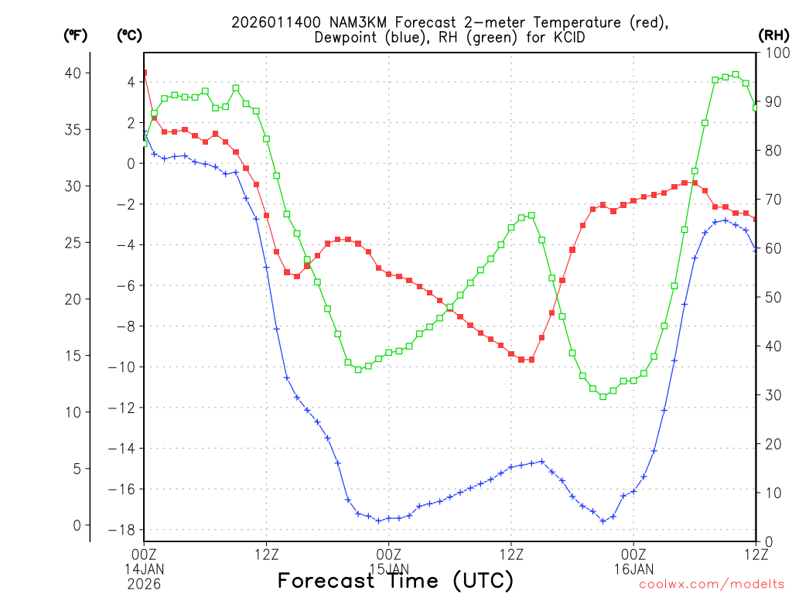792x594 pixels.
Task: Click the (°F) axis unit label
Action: click(74, 35)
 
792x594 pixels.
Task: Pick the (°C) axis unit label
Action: click(128, 35)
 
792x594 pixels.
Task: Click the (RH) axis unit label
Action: click(773, 35)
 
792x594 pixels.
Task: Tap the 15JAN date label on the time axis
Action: click(388, 568)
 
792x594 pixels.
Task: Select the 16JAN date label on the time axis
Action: click(633, 568)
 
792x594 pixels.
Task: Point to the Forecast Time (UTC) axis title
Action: click(395, 580)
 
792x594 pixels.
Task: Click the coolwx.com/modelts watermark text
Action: click(712, 585)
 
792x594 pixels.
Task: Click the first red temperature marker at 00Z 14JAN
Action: click(144, 73)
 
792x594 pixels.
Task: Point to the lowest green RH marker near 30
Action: click(603, 396)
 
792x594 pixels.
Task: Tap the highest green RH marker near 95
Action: click(736, 74)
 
